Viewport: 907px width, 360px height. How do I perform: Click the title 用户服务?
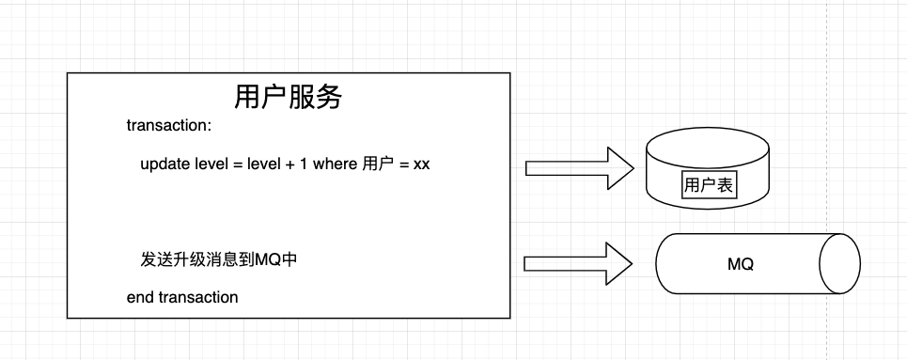point(289,98)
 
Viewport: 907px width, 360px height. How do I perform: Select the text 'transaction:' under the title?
point(169,126)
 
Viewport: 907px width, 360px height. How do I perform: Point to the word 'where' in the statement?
point(336,164)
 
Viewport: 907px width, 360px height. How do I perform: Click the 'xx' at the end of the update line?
point(421,164)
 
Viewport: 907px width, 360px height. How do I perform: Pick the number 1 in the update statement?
point(303,164)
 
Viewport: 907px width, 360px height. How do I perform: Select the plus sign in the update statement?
point(289,164)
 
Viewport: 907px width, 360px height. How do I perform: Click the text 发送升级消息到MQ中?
point(219,259)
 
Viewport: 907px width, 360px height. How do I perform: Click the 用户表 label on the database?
point(709,185)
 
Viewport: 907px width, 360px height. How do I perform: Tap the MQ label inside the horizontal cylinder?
point(741,264)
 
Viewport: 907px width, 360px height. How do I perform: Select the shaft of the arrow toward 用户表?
point(564,168)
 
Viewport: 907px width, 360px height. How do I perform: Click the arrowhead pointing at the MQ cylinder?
point(620,264)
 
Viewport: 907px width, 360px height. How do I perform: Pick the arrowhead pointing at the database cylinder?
point(621,168)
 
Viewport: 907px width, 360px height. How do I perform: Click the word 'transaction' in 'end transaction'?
point(198,298)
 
